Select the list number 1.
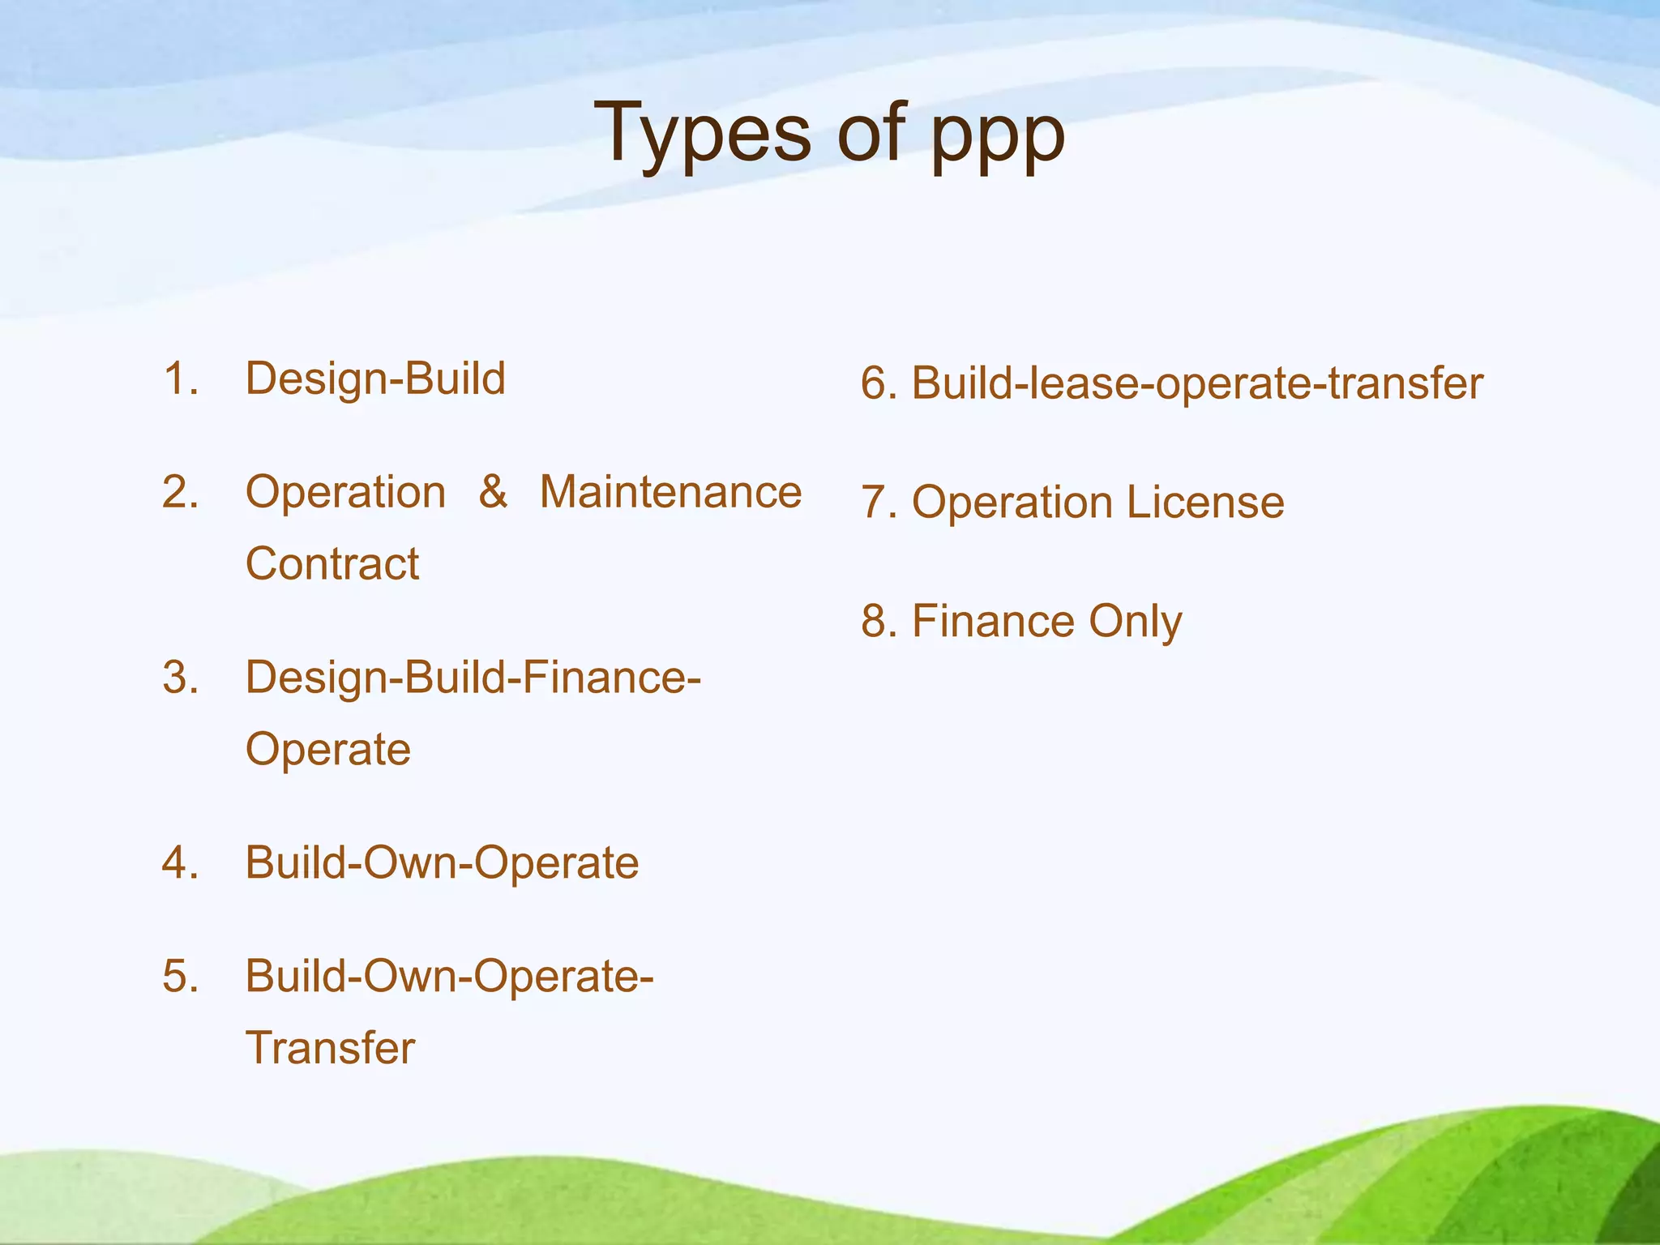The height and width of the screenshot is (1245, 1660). [180, 379]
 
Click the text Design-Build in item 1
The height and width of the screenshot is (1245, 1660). [375, 379]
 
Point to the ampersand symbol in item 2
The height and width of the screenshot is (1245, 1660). [493, 492]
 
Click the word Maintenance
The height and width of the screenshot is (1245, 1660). [670, 492]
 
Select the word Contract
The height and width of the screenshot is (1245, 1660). [332, 563]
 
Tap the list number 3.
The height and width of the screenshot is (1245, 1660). [180, 678]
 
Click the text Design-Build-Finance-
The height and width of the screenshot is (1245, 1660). [473, 678]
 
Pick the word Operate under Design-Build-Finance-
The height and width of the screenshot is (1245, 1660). [328, 750]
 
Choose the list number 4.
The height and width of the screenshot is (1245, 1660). [180, 862]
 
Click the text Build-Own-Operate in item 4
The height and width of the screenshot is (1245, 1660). [442, 862]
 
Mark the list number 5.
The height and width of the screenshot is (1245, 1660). [180, 976]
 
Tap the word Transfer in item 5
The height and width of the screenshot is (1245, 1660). [330, 1048]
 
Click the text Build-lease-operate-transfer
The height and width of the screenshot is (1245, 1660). [1197, 383]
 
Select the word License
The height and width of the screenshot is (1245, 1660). [1205, 503]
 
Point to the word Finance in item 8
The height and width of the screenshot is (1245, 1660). [993, 622]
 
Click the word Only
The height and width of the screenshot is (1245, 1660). [1135, 622]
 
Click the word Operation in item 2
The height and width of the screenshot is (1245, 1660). [345, 492]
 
